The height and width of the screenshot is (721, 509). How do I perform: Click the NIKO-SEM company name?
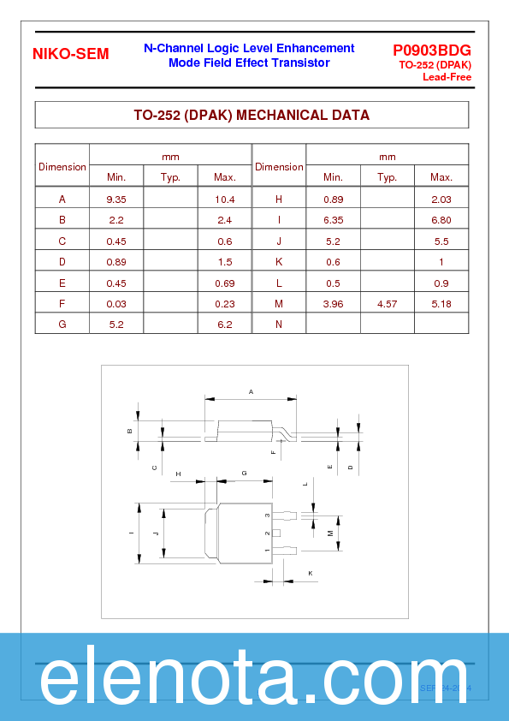71,54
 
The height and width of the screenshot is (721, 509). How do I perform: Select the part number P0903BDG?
432,50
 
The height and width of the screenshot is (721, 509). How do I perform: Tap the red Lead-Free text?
447,77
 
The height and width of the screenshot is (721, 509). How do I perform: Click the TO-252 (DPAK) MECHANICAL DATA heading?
252,115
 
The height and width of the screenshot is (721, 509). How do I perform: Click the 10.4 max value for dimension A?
225,200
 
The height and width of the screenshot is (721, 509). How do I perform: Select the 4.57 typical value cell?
387,304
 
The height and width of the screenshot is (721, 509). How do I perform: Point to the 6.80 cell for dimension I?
441,220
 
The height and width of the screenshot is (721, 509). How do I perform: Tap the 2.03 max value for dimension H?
441,200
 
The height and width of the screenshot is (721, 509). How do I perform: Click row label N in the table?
279,325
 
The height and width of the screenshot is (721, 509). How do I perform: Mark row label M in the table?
279,304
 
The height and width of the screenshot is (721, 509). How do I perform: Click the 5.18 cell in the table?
441,304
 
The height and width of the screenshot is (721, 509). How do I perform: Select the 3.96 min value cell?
333,304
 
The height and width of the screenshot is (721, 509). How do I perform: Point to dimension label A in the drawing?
251,391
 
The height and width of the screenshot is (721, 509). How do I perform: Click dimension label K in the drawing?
310,572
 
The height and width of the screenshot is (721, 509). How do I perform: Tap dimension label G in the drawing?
244,473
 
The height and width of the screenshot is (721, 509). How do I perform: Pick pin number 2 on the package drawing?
267,533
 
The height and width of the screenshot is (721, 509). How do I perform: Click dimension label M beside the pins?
330,533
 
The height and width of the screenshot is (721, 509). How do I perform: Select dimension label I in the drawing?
131,533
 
